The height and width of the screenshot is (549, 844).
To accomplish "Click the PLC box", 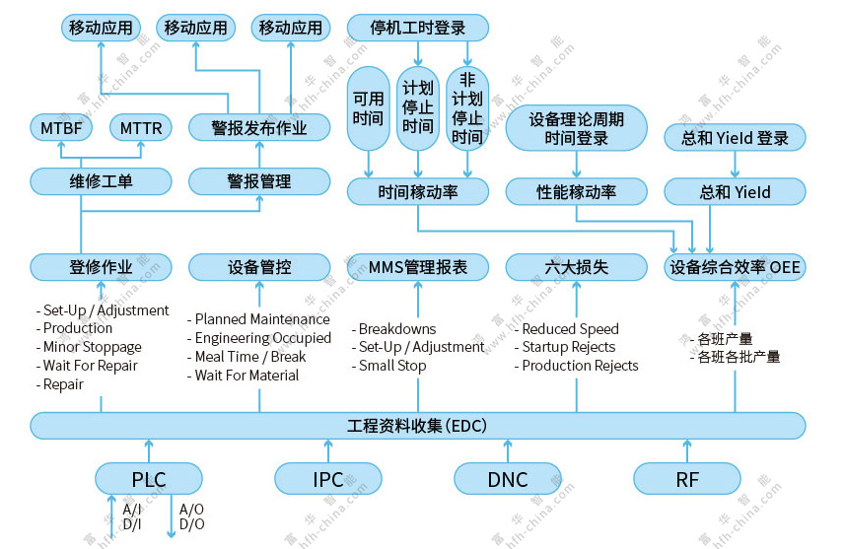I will (x=149, y=479).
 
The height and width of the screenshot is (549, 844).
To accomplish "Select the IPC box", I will (x=327, y=479).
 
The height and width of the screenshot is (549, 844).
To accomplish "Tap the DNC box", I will (x=507, y=479).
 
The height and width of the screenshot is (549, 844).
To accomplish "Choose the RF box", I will (x=686, y=479).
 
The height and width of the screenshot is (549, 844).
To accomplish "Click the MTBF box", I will (x=61, y=128).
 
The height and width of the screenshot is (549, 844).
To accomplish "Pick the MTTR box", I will (x=141, y=128).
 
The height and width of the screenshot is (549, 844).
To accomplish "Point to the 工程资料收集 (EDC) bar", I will (x=417, y=426).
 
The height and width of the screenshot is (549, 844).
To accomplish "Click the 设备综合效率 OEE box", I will (x=736, y=267).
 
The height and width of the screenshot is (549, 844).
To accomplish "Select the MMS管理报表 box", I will (x=417, y=267).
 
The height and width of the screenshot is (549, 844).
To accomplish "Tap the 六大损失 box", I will (x=577, y=267).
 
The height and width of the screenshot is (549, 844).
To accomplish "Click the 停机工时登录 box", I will (x=417, y=28).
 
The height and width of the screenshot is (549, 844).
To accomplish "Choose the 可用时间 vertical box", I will (x=368, y=108).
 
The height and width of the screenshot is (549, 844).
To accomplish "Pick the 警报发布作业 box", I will (x=259, y=128).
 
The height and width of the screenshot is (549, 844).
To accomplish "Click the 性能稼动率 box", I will (x=577, y=191).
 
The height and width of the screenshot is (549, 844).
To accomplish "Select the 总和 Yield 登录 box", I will (x=736, y=138).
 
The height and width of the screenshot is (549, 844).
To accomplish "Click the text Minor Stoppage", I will (x=93, y=347).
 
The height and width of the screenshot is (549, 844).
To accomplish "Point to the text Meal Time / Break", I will (x=250, y=357).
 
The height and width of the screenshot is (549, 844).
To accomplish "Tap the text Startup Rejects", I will (x=568, y=347).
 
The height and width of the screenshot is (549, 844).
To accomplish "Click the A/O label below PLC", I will (x=192, y=510).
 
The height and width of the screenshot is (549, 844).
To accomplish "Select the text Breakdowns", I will (x=397, y=329).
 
